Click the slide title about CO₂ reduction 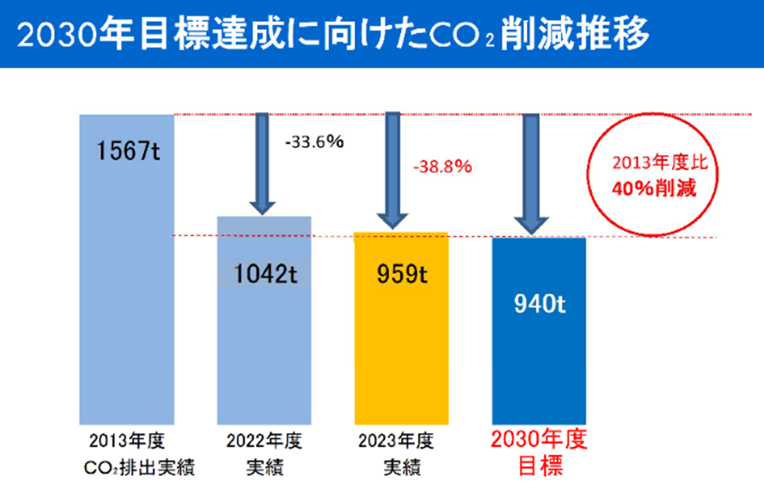[x=332, y=36]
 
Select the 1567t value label [x=128, y=150]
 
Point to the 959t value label [x=400, y=274]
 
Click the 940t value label [x=538, y=305]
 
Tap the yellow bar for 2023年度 [x=400, y=350]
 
